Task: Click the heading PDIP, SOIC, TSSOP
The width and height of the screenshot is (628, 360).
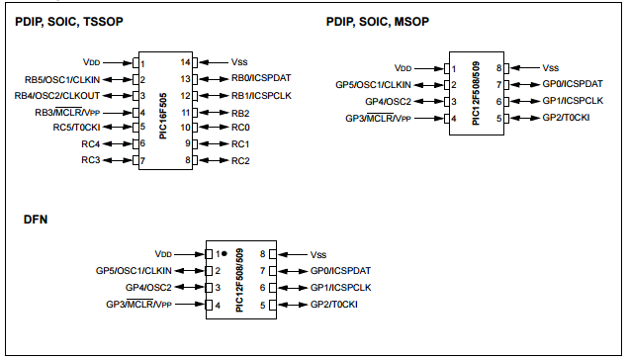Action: click(x=69, y=22)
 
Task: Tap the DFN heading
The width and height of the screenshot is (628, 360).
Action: click(x=36, y=220)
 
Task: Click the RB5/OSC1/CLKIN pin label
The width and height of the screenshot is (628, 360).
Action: click(x=63, y=78)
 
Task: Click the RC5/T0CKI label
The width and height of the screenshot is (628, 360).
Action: click(x=77, y=128)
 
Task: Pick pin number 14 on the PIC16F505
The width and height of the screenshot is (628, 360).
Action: click(x=185, y=61)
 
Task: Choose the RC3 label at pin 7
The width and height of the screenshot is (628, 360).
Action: click(x=91, y=160)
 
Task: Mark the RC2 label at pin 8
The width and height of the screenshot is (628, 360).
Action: click(x=240, y=160)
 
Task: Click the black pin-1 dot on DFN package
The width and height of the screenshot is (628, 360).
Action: click(x=224, y=254)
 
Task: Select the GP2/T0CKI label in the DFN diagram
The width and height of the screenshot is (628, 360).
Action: click(x=333, y=304)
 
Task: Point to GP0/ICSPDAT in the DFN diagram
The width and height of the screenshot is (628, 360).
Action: click(x=340, y=270)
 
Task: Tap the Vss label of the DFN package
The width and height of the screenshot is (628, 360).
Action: click(x=318, y=254)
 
